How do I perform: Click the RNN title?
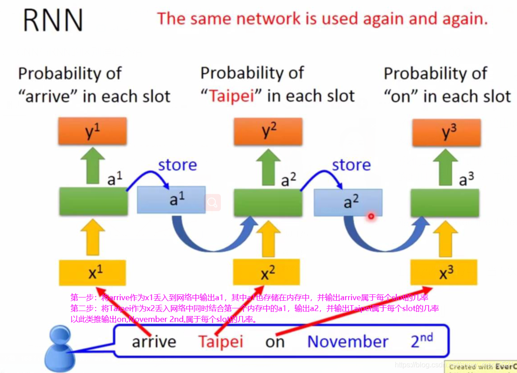(53, 21)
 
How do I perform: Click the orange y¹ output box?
(92, 131)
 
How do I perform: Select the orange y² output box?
(268, 131)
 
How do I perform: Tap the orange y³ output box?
(446, 132)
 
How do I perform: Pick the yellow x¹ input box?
(92, 273)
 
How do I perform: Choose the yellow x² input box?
(266, 273)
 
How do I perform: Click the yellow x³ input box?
(444, 273)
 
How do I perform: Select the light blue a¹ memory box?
(171, 200)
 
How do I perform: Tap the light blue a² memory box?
(348, 202)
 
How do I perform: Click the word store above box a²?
(351, 165)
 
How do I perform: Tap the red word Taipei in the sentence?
(220, 341)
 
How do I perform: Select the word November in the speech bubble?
(348, 341)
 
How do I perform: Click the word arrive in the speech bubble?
(154, 342)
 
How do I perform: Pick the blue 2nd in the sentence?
(421, 340)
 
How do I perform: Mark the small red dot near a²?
(371, 217)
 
